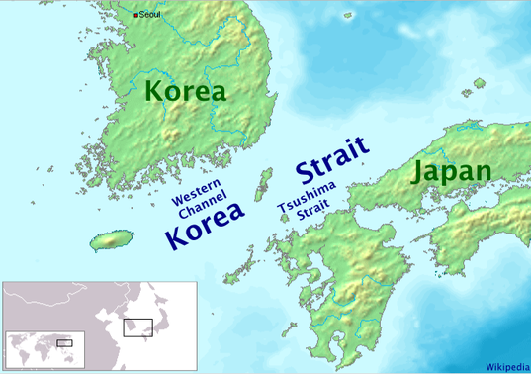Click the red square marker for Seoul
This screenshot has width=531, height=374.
[136, 15]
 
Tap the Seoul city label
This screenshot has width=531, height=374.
[150, 14]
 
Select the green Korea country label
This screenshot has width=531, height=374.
[185, 92]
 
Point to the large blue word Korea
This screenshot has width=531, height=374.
[204, 234]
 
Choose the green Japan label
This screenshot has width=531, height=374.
[451, 171]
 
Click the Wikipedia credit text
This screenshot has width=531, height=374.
[505, 364]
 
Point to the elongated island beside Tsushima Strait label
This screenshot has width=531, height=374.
[264, 183]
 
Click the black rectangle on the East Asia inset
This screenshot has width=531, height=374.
[137, 326]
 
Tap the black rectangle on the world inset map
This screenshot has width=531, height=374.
[64, 342]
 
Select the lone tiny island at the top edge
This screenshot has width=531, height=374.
[348, 15]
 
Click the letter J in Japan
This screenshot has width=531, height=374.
[418, 172]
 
